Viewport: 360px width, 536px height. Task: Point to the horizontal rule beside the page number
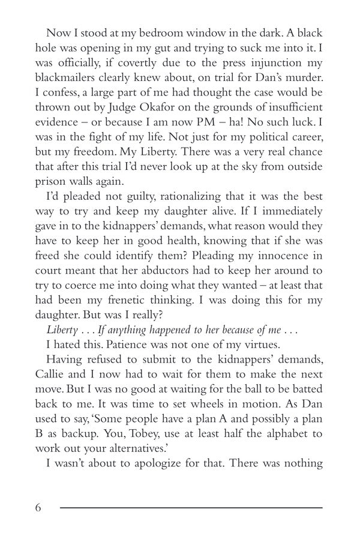click(191, 508)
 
